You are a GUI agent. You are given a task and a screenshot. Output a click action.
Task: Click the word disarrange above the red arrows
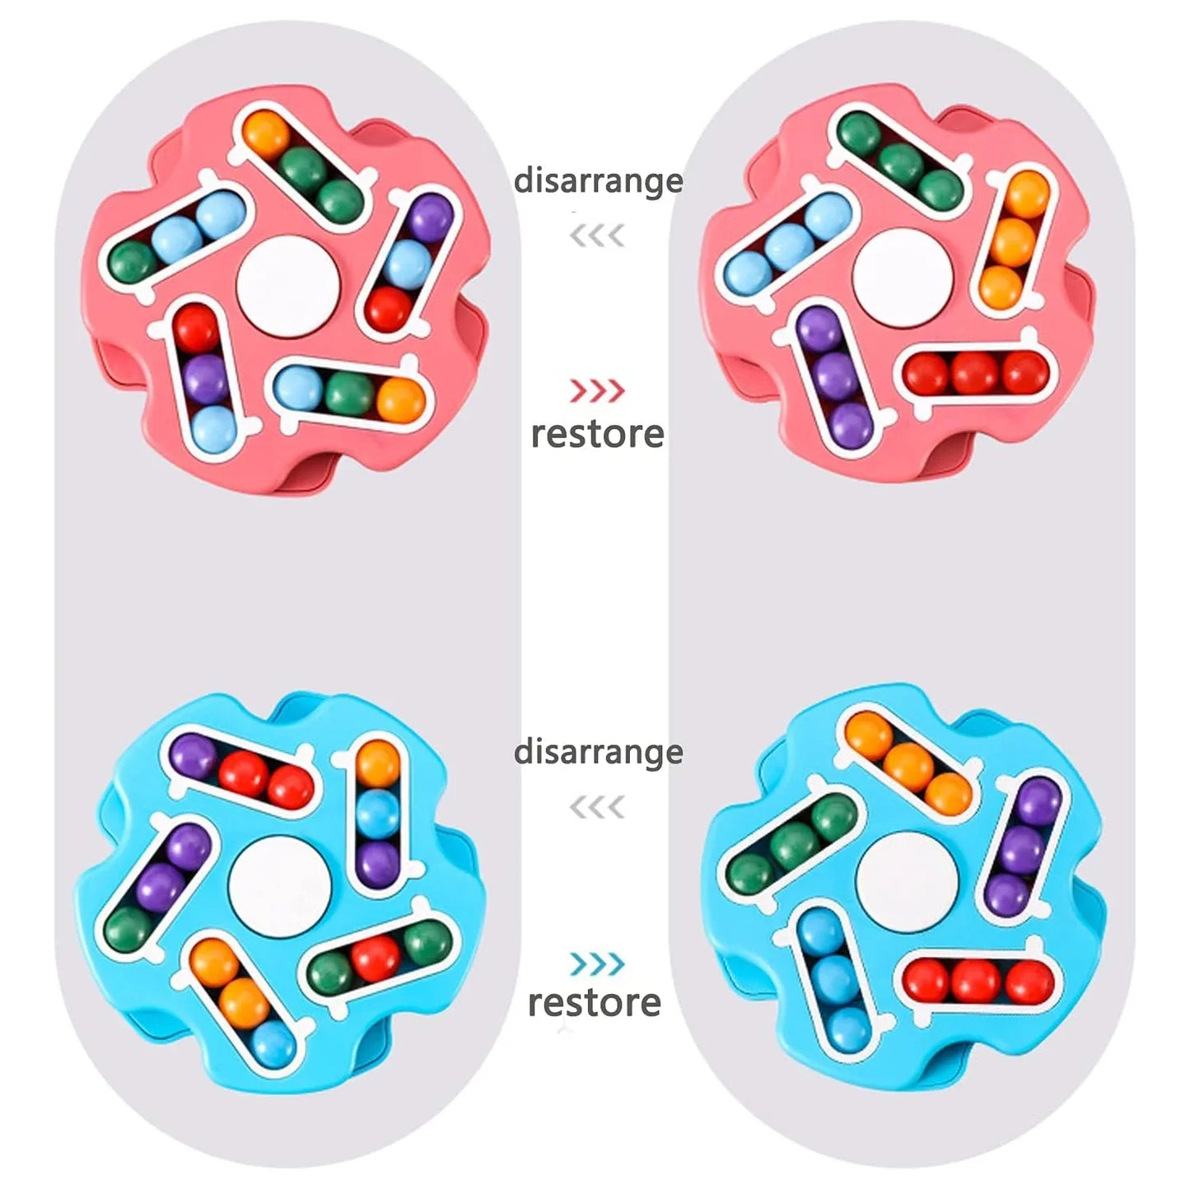(598, 181)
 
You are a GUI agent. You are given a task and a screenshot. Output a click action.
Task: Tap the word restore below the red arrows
(597, 434)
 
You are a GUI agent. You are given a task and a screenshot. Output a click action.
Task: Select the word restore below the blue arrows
(595, 1001)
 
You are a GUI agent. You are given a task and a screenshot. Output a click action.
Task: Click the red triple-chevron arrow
(596, 390)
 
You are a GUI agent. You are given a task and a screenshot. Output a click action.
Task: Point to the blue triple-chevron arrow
(596, 963)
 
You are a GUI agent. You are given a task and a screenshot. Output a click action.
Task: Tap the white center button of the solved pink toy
(902, 275)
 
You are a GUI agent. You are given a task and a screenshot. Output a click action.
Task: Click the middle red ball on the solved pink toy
(975, 373)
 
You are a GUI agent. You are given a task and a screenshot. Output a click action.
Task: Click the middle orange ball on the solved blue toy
(908, 767)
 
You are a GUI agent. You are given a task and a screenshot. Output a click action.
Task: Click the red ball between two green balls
(376, 958)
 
